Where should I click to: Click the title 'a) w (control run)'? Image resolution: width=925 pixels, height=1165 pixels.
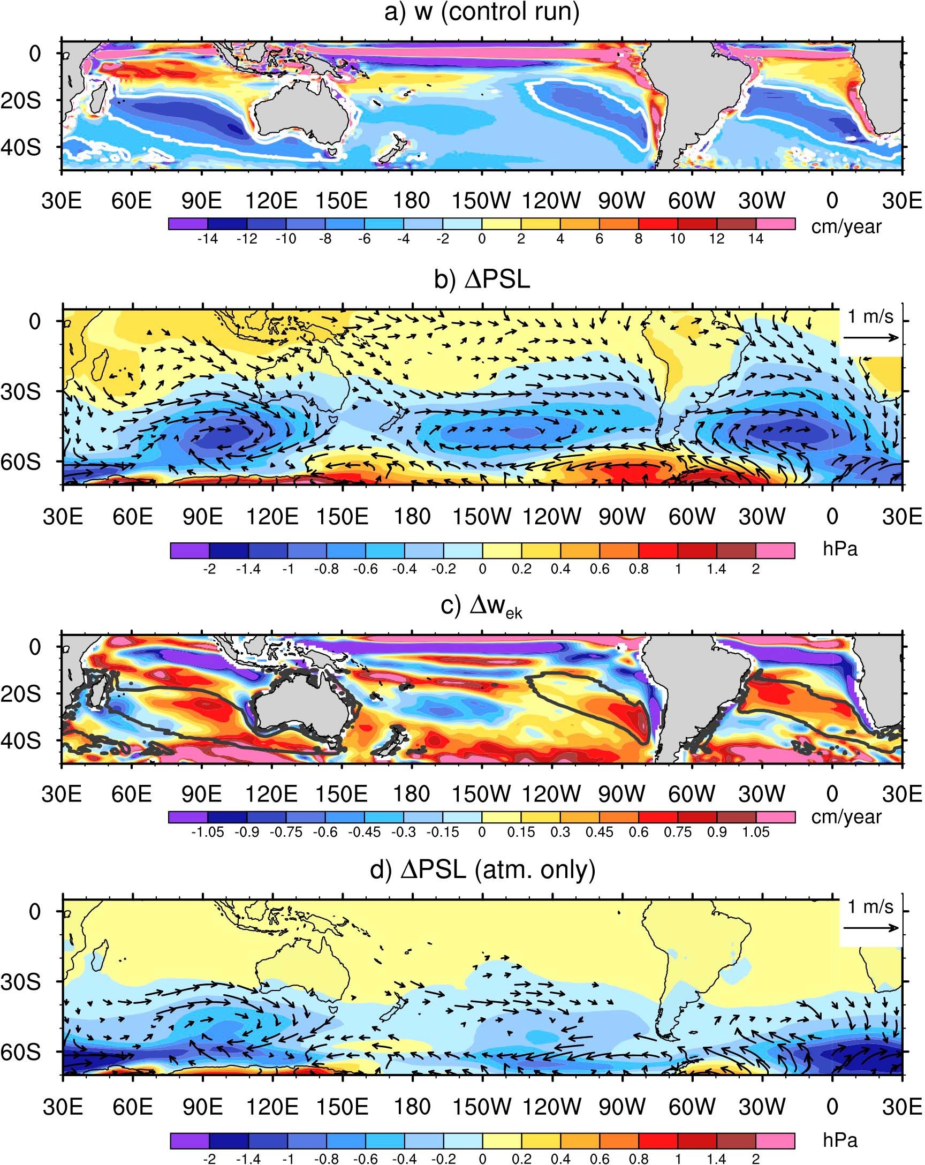tap(481, 12)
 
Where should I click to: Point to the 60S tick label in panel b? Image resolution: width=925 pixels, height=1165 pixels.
tap(20, 462)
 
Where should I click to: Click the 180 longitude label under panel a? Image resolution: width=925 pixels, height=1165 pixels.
tap(411, 200)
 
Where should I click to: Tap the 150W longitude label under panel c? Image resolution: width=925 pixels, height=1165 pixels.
tap(481, 794)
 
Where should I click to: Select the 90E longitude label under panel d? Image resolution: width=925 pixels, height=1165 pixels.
tap(202, 1107)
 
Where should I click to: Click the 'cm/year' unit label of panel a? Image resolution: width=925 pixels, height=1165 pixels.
tap(846, 226)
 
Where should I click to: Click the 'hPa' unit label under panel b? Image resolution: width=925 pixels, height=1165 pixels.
tap(840, 549)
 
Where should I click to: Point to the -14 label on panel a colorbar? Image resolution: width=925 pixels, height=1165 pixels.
tap(207, 239)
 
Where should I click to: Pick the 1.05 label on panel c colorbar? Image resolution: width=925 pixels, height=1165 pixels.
tap(755, 831)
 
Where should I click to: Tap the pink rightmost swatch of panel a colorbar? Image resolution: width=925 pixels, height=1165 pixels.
tap(775, 224)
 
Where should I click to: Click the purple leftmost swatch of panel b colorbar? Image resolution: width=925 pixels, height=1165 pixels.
tap(189, 550)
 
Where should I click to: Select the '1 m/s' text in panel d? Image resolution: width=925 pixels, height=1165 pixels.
tap(870, 907)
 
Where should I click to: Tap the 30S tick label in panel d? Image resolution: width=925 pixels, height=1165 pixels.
tap(20, 982)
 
